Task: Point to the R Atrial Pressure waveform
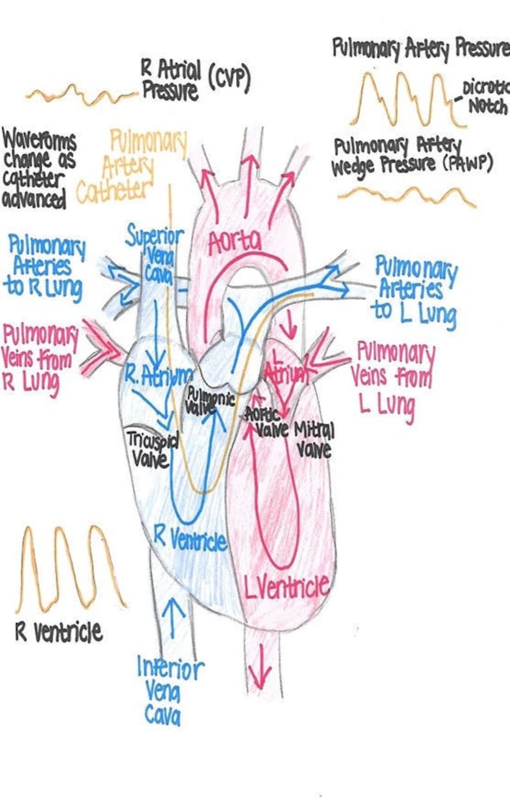pyautogui.click(x=80, y=96)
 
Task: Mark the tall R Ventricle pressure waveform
pyautogui.click(x=69, y=570)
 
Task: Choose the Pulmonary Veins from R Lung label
pyautogui.click(x=40, y=360)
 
